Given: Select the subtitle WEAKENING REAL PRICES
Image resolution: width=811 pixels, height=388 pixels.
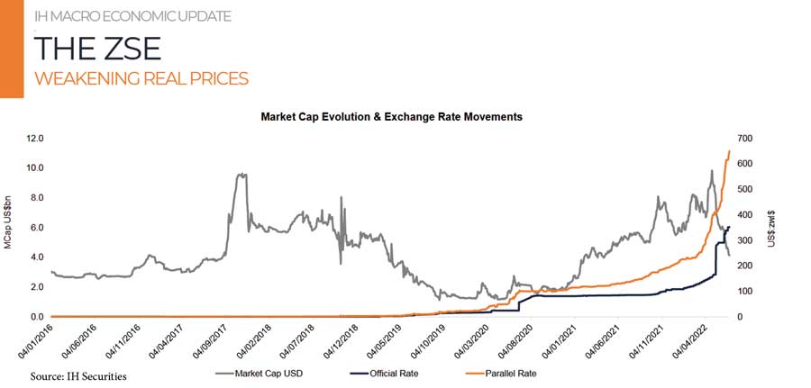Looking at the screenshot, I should click(141, 79).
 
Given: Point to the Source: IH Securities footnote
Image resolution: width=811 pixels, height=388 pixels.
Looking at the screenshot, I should click(78, 375).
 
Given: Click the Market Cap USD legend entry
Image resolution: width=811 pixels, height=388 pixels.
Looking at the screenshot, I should click(260, 372).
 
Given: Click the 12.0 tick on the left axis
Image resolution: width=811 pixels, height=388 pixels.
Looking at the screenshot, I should click(35, 139).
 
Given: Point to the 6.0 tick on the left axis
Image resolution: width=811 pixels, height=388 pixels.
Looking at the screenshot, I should click(37, 228).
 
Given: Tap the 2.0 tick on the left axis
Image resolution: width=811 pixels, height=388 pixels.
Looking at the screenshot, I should click(37, 287).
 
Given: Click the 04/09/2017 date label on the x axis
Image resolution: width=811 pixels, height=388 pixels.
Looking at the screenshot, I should click(214, 342).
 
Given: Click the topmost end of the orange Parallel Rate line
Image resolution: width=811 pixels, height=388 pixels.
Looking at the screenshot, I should click(729, 150).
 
